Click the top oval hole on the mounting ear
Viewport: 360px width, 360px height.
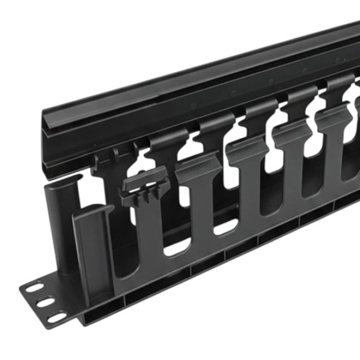tap(34, 288)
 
